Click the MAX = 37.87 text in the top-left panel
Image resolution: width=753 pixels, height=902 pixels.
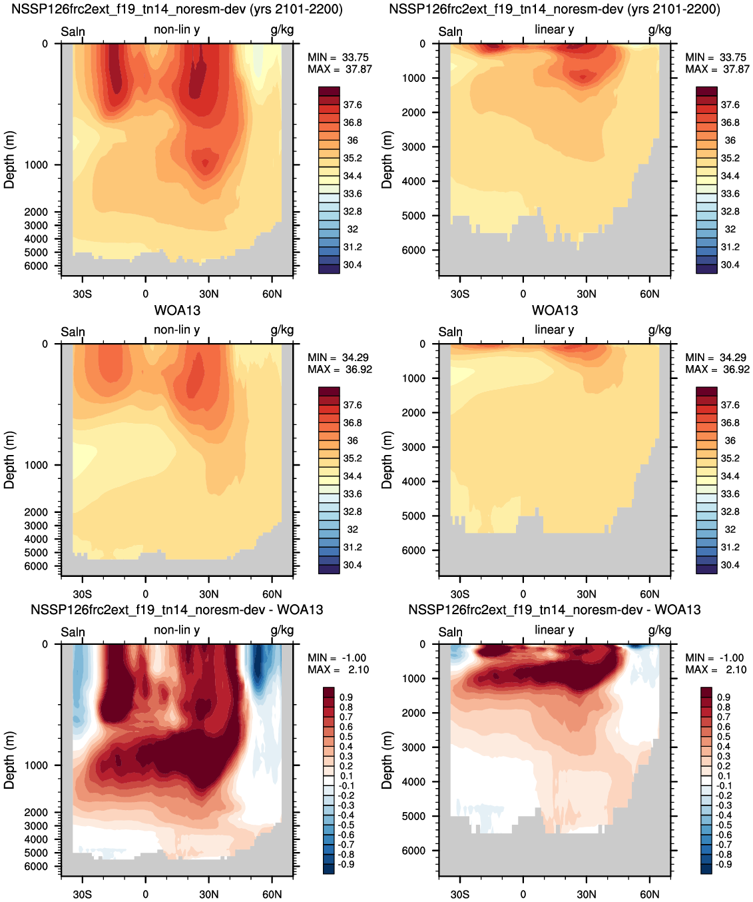coord(340,69)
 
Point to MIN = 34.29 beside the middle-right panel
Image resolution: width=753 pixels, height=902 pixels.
coord(717,357)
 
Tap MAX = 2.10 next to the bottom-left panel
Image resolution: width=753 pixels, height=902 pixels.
coord(338,670)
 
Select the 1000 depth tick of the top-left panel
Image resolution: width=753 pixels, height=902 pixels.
coord(36,165)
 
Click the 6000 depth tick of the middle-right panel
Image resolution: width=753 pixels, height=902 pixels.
coord(413,550)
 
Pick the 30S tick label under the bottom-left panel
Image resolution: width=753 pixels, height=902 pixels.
coord(82,894)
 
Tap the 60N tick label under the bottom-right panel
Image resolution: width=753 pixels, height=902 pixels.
coord(649,894)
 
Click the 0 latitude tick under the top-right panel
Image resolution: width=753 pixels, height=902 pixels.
coord(523,294)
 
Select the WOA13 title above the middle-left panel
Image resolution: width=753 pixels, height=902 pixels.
coord(177,310)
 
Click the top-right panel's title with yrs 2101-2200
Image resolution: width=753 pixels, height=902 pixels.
coord(555,9)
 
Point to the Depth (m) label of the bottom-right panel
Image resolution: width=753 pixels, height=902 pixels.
coord(387,760)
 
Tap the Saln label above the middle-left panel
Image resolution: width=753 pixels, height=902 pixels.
coord(73,332)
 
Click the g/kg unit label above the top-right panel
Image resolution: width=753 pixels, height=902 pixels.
coord(660,30)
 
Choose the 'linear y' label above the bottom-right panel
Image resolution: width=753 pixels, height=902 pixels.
coord(555,630)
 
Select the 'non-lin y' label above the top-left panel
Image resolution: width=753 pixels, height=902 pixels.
coord(176,30)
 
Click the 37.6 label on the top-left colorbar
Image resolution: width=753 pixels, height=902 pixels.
coord(352,105)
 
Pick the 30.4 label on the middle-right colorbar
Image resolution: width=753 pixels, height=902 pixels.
coord(730,565)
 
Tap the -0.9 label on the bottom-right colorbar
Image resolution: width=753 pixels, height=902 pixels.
coord(724,865)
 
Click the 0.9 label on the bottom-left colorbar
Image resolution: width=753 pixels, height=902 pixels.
coord(346,697)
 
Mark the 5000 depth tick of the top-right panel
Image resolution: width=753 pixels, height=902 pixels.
coord(413,216)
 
